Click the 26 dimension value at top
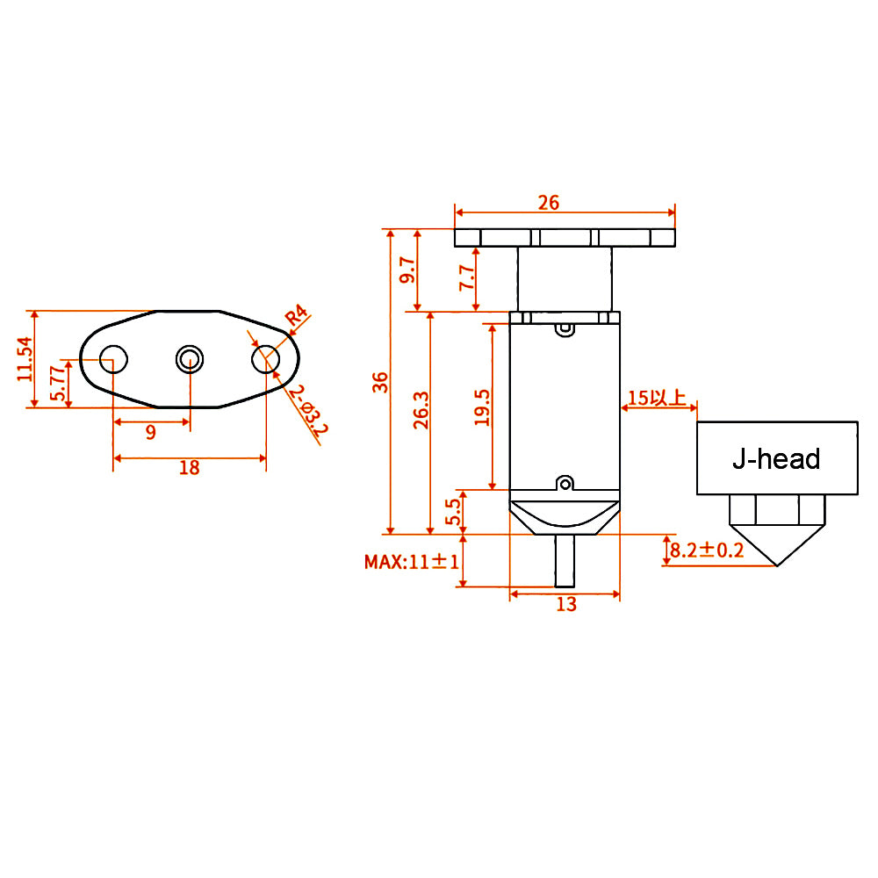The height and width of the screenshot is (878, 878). click(x=549, y=203)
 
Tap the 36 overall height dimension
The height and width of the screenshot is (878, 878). click(x=379, y=382)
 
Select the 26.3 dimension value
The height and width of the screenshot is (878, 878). click(x=421, y=409)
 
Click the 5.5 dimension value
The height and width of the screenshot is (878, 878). click(x=453, y=511)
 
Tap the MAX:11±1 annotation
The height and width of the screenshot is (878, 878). click(x=412, y=561)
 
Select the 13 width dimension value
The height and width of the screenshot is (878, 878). click(x=566, y=604)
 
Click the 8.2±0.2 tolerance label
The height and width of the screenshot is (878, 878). click(x=707, y=551)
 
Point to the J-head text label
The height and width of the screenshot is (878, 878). click(x=776, y=458)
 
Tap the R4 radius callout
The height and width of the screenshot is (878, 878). click(x=297, y=317)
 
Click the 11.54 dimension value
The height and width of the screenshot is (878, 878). click(x=24, y=358)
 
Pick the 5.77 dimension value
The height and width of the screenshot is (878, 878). click(x=56, y=384)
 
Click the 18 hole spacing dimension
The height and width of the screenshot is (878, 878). click(x=189, y=468)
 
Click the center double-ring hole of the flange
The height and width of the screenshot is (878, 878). click(x=190, y=357)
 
